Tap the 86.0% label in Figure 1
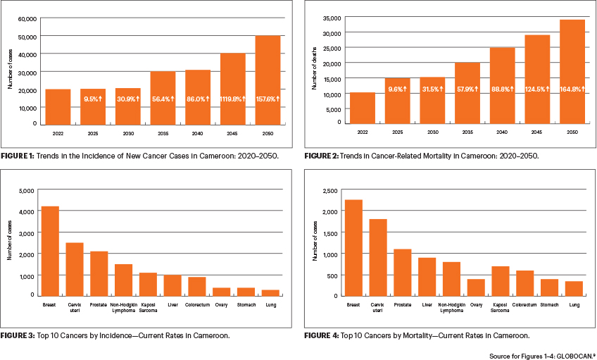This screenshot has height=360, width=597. tap(198, 100)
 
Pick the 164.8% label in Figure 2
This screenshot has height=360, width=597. tap(572, 89)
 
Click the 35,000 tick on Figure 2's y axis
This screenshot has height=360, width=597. tap(330, 18)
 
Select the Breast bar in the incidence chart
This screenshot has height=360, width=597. tap(49, 251)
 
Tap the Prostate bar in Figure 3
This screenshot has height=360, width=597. tap(99, 273)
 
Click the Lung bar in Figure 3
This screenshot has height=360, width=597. tap(270, 292)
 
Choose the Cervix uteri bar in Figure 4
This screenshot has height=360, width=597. tap(378, 257)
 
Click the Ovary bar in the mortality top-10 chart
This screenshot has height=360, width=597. tap(476, 287)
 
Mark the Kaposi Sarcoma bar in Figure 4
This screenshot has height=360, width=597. tap(501, 280)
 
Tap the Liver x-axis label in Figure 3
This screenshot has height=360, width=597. tap(172, 304)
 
